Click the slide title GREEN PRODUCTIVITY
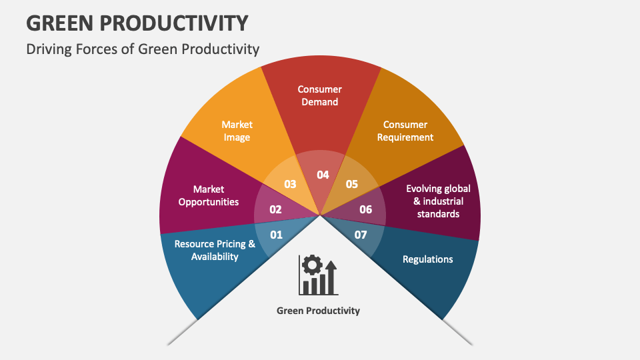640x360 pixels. coord(137,22)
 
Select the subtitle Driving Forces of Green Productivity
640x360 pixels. coord(143,49)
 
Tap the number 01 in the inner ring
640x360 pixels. coord(276,235)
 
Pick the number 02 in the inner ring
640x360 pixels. coord(275,209)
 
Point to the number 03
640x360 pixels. coord(290,184)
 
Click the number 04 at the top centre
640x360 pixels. coord(323,175)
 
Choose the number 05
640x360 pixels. coord(352,184)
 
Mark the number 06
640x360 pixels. coord(366,209)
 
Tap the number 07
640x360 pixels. coord(361,235)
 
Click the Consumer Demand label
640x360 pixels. coord(319,95)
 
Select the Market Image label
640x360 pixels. coord(237,131)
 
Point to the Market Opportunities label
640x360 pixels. coord(209,195)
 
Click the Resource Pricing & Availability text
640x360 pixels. coord(215,250)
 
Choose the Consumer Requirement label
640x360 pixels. coord(405,131)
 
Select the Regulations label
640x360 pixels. coord(427,259)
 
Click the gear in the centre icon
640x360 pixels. coord(311,265)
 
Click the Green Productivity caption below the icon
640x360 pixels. coord(318,311)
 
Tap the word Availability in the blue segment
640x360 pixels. coord(215,257)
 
